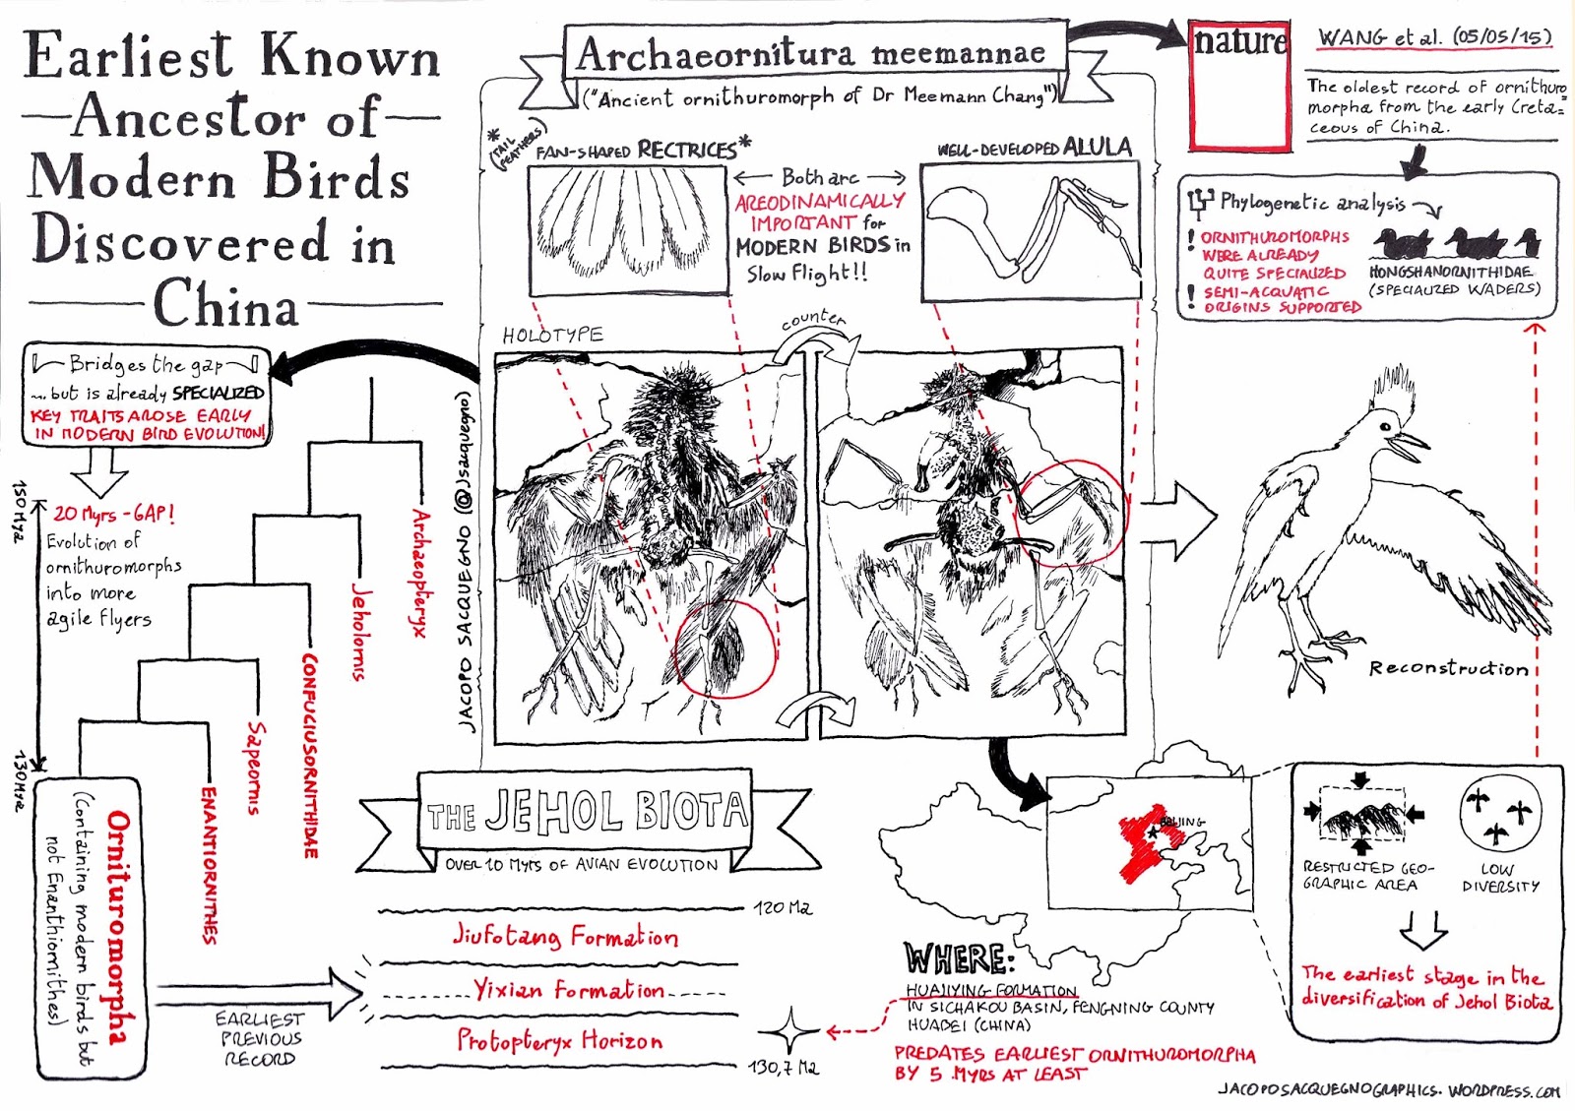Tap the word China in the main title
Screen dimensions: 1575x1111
[225, 304]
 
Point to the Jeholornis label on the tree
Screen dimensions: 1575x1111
[361, 631]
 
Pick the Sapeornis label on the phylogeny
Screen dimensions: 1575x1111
[256, 768]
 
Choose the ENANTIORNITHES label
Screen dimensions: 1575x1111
[209, 864]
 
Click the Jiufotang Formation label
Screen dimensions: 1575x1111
[565, 935]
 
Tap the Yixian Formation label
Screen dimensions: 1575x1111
[569, 989]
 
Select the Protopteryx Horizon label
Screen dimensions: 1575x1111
[559, 1040]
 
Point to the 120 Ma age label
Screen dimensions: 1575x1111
[783, 907]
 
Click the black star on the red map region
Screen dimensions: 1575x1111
[1153, 833]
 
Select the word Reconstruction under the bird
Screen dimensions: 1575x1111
[1448, 668]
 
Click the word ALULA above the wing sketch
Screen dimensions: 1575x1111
[1098, 148]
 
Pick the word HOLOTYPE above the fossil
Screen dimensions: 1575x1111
[552, 335]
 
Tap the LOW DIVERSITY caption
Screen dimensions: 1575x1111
[1500, 877]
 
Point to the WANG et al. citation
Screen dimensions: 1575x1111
[1434, 37]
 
